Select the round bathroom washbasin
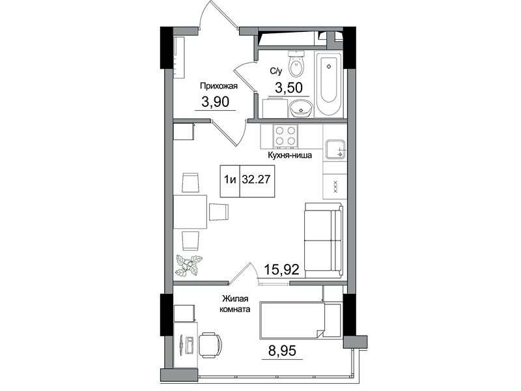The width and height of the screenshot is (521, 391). [x=301, y=109]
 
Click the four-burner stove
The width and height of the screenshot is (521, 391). [x=285, y=136]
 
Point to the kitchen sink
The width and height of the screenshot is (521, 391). [x=335, y=151]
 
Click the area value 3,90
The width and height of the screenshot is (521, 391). [x=216, y=102]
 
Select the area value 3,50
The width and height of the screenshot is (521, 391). [x=289, y=88]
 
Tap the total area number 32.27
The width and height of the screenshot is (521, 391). [x=256, y=180]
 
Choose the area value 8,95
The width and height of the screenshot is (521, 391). [x=282, y=351]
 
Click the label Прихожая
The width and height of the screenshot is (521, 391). [x=219, y=87]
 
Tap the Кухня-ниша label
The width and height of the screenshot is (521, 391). [x=290, y=155]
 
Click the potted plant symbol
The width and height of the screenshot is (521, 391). [x=189, y=265]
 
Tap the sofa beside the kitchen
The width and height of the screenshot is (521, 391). [x=323, y=240]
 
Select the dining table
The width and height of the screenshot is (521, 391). [x=190, y=211]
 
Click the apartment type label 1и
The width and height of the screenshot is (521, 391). [x=230, y=180]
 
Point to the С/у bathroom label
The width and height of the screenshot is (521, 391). [x=275, y=70]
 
